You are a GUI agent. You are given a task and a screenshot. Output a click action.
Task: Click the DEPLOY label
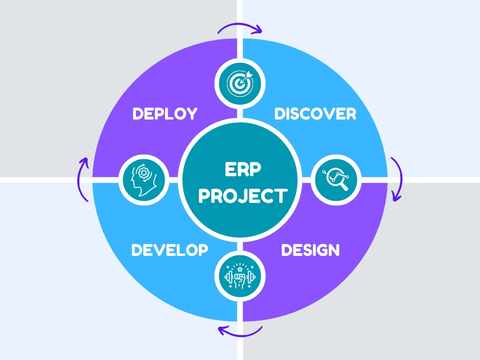[165, 114]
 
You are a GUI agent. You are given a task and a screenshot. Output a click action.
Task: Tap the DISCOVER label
[315, 114]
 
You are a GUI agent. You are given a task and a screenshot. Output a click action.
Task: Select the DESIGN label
[310, 250]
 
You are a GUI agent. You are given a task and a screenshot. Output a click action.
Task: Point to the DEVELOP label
[170, 250]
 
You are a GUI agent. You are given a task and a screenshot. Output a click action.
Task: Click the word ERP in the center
[242, 169]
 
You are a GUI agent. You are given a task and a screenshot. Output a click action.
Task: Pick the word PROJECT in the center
[242, 195]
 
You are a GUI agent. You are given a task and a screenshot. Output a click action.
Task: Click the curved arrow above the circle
[240, 27]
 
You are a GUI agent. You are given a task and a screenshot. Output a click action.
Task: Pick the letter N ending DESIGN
[333, 250]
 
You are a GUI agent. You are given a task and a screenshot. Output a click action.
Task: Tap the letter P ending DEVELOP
[202, 250]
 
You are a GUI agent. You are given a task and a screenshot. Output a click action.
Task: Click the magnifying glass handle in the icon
[345, 187]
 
